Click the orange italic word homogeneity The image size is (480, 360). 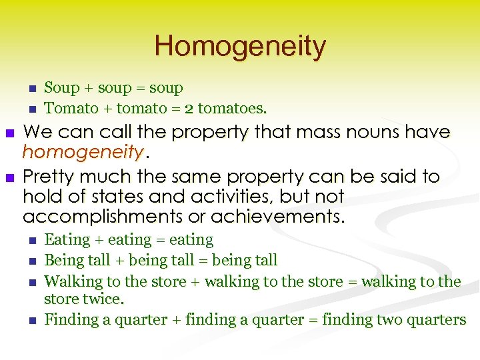point(83,153)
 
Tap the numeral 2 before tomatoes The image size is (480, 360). point(189,108)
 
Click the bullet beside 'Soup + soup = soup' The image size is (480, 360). point(31,89)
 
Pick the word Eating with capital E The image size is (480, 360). point(65,240)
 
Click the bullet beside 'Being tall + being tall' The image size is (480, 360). point(31,261)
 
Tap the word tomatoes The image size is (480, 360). point(233,108)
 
